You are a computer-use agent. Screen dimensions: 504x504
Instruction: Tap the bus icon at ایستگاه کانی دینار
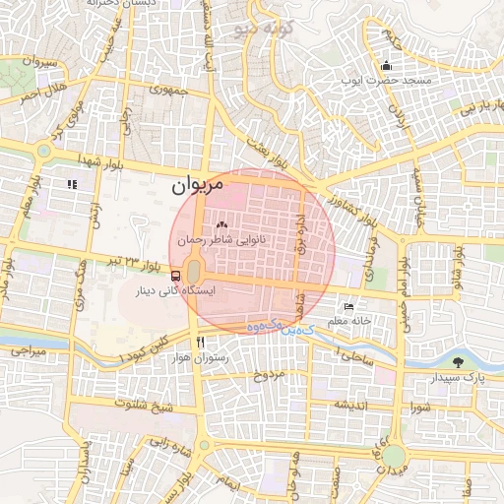click(175, 276)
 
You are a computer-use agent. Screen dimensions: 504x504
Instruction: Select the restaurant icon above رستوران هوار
click(200, 342)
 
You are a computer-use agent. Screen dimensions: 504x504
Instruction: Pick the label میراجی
click(28, 349)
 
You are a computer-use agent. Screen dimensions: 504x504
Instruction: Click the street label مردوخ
click(269, 375)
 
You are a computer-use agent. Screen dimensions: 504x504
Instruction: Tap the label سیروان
click(40, 61)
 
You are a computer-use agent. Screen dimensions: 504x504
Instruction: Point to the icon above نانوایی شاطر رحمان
click(220, 225)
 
